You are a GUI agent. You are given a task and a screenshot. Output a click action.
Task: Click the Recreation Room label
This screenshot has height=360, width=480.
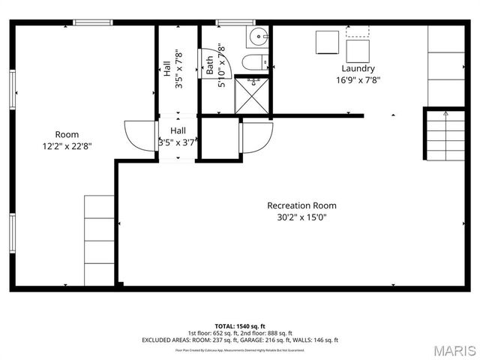pos(301,205)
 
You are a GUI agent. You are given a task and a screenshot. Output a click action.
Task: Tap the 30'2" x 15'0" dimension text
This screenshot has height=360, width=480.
pos(301,217)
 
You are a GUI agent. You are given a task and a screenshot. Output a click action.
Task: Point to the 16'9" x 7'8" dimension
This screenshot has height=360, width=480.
pos(358,80)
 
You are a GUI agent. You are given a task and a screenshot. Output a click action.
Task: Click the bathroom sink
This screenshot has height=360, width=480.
pos(257,35)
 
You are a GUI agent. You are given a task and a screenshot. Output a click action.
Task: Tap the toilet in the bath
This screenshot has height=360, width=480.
pos(253,62)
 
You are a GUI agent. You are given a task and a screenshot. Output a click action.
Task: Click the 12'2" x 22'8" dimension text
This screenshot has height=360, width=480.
pos(67,148)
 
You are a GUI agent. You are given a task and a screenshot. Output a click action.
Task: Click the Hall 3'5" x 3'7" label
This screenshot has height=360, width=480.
pos(177,136)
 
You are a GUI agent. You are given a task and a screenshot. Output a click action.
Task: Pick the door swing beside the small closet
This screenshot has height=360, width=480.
pos(255,136)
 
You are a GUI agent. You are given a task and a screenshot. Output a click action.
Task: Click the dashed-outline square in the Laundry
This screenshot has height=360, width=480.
pos(357,30)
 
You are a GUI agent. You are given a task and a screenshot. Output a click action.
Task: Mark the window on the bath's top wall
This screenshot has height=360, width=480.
pos(226,22)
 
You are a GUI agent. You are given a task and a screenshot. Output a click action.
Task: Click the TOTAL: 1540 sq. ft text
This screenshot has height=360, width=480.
pos(240,326)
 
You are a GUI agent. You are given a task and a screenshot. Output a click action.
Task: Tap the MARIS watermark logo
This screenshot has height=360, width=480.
pos(454,349)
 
